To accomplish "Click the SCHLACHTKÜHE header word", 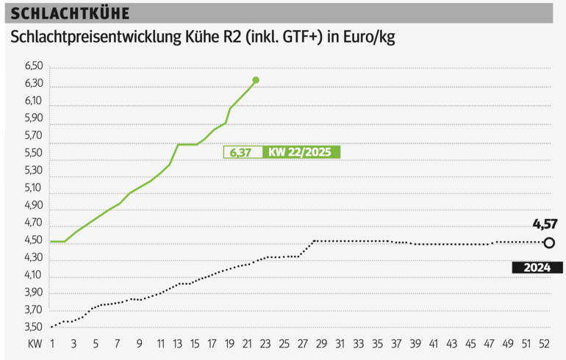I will point(71,14).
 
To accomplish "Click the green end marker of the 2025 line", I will point(256,79).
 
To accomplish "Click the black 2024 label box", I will point(538,268).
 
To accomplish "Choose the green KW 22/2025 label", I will point(300,153).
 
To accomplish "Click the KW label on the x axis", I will point(35,344).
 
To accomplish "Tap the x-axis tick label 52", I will point(545,344).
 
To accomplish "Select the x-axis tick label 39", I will point(415,344).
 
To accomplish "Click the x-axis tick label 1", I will point(53,344).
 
